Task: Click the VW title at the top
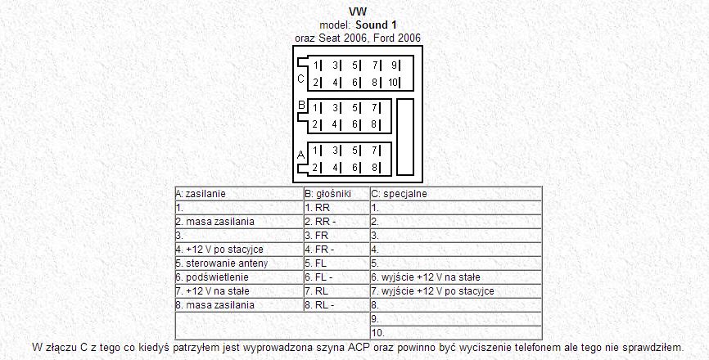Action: coord(358,12)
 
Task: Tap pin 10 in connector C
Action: coord(394,82)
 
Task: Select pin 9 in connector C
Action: coord(394,65)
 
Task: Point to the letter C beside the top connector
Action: coord(300,79)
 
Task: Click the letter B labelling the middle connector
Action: coord(301,105)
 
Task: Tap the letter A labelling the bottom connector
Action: coord(300,154)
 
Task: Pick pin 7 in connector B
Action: coord(375,107)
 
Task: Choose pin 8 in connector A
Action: coord(375,168)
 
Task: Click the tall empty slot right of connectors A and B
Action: coord(406,137)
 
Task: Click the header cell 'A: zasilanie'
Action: coord(237,194)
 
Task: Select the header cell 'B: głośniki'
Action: coord(335,194)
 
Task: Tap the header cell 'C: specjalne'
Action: coord(455,194)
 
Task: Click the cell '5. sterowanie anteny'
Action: coord(237,263)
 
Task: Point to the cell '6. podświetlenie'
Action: coord(237,277)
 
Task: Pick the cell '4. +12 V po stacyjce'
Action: coord(237,250)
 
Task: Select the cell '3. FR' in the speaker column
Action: coord(335,236)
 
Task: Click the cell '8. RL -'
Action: coord(335,305)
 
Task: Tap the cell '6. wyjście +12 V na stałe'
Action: coord(455,277)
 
